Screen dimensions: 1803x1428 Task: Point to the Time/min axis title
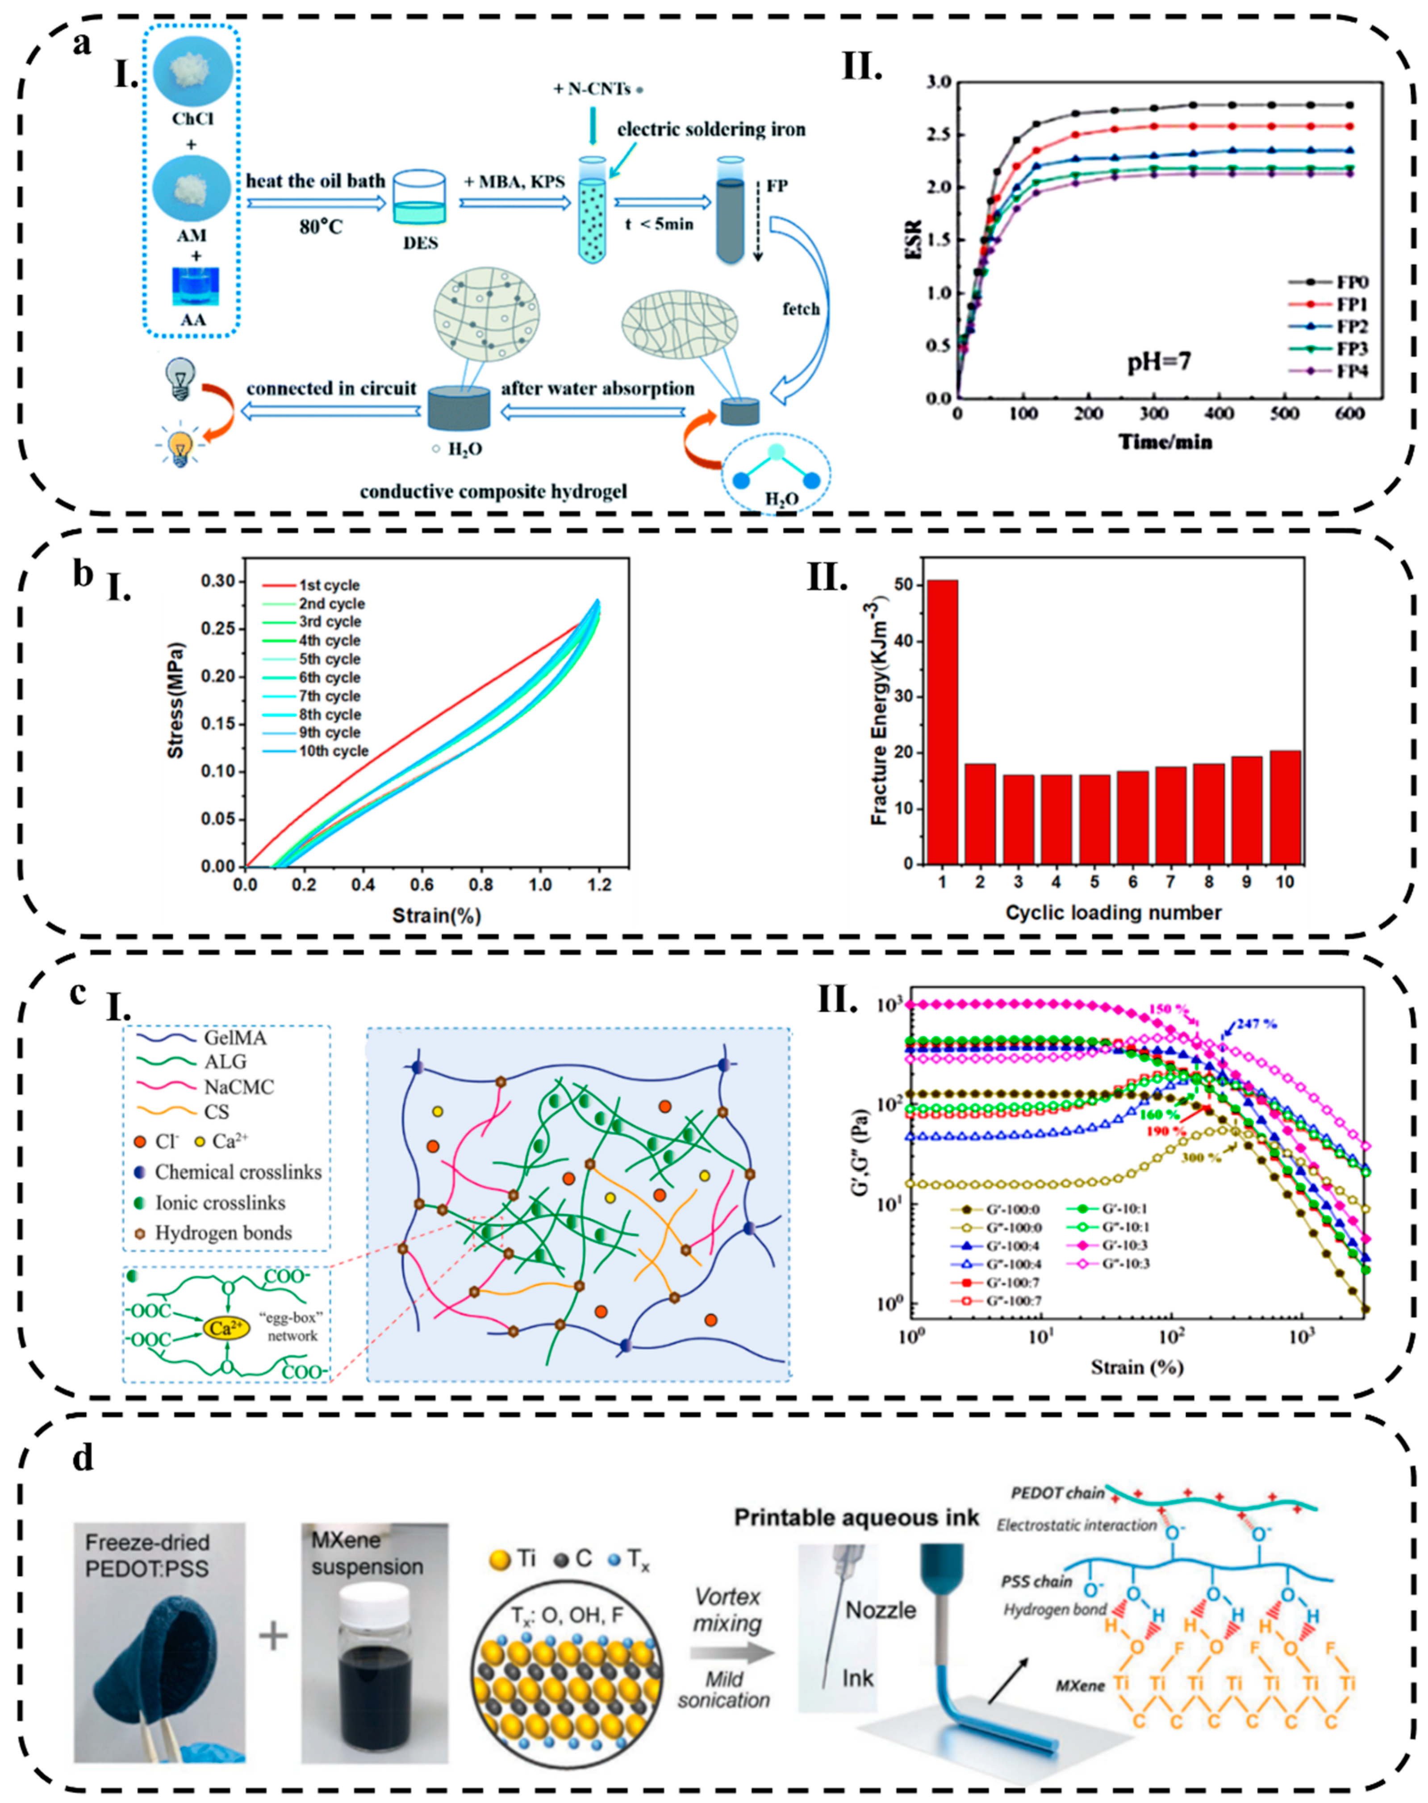coord(1165,441)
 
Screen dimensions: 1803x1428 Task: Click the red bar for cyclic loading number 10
coord(1285,807)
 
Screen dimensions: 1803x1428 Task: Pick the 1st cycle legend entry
coord(329,585)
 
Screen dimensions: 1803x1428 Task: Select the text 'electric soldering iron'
coord(711,129)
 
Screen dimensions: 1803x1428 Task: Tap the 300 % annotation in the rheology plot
coord(1202,1158)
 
